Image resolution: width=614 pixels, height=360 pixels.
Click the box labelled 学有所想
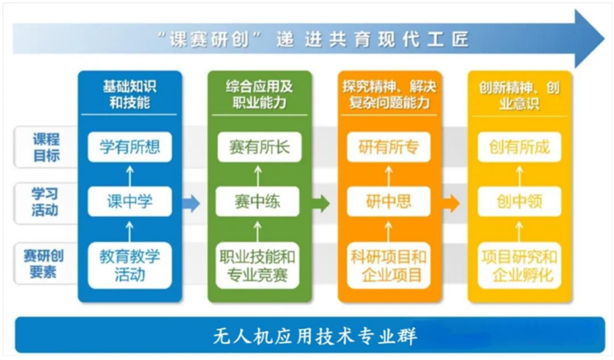[x=129, y=147]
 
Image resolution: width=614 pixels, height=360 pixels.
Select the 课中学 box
[x=129, y=202]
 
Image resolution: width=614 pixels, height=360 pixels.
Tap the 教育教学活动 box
[x=129, y=265]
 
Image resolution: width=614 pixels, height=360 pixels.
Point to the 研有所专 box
[x=389, y=147]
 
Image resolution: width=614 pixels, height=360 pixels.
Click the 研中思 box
[x=389, y=202]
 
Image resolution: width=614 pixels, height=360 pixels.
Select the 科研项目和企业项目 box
[x=389, y=265]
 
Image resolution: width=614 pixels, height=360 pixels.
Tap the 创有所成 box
[x=519, y=147]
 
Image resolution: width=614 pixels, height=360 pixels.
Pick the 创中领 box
[x=519, y=202]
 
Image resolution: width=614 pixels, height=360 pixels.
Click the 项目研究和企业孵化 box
[x=519, y=265]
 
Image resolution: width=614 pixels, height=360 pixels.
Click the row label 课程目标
[x=47, y=147]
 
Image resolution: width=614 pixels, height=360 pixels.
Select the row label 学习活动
[x=47, y=202]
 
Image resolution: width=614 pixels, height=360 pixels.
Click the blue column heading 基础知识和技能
[x=129, y=93]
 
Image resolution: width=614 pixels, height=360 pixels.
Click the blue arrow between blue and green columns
[x=190, y=203]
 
